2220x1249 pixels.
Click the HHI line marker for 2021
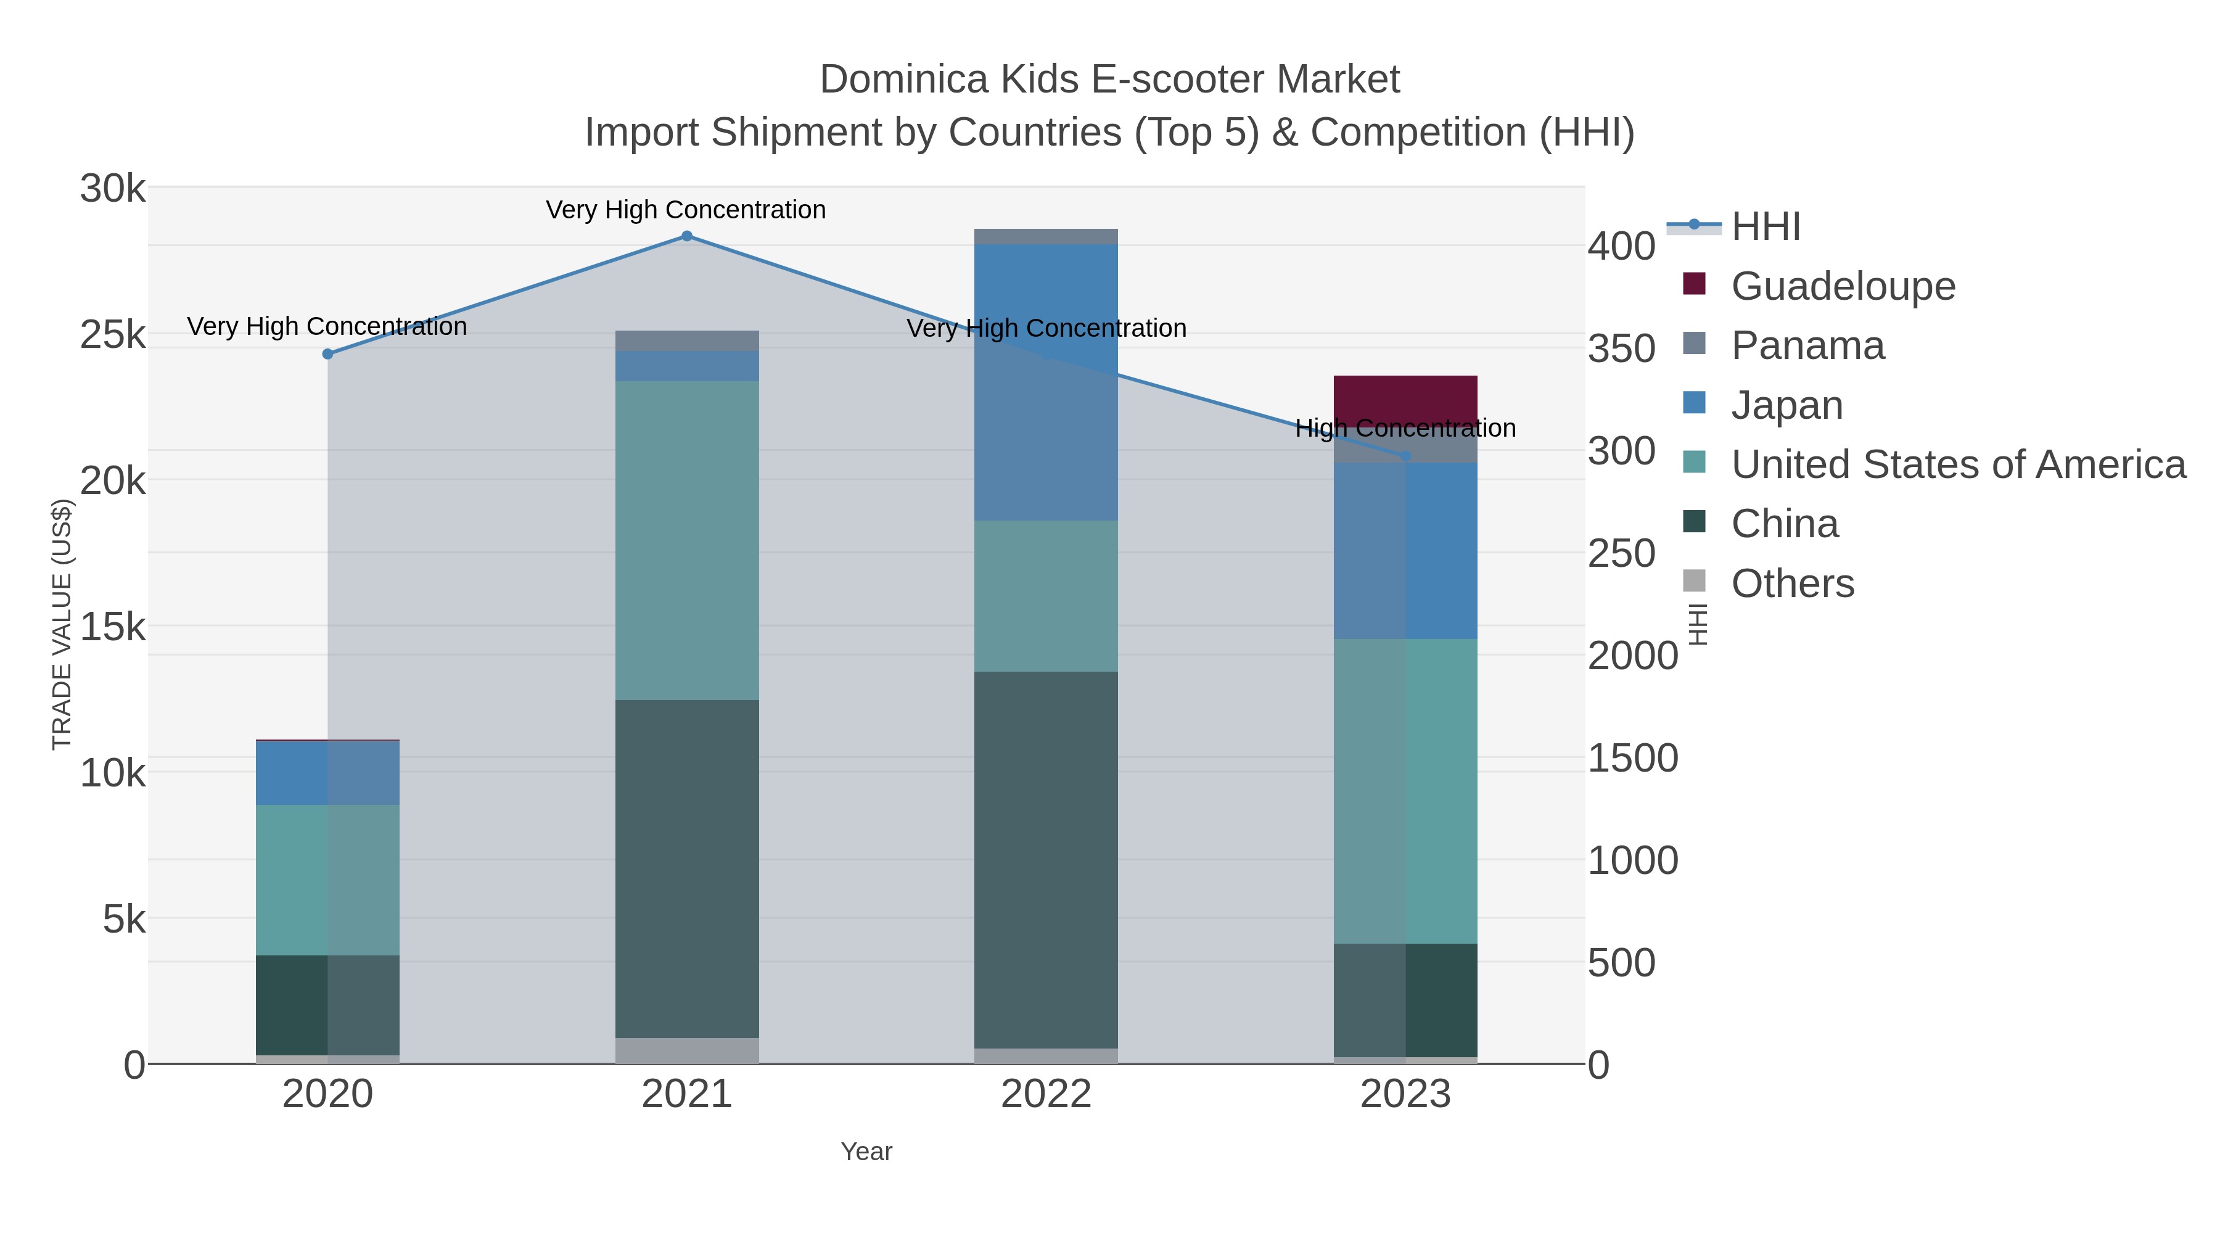pyautogui.click(x=687, y=236)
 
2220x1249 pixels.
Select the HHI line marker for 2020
pyautogui.click(x=327, y=353)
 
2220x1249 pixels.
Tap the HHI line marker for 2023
pyautogui.click(x=1405, y=455)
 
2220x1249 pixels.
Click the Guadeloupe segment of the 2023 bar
pyautogui.click(x=1405, y=398)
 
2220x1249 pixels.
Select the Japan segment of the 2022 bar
pyautogui.click(x=1046, y=381)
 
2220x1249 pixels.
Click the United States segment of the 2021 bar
pyautogui.click(x=687, y=540)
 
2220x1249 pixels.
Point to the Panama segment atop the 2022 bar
pyautogui.click(x=1046, y=236)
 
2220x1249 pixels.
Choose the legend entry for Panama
pyautogui.click(x=1807, y=345)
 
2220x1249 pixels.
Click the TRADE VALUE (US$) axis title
pyautogui.click(x=62, y=624)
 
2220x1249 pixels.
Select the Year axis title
pyautogui.click(x=866, y=1152)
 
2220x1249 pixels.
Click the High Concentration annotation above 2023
pyautogui.click(x=1405, y=429)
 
